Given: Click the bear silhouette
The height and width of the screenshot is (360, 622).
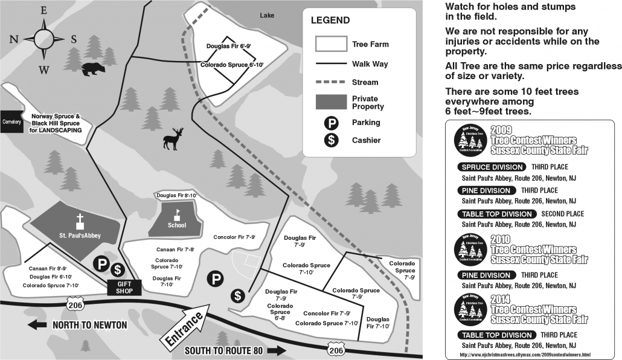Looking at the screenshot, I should click(92, 69).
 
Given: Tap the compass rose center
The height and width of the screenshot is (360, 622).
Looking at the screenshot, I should click(43, 39).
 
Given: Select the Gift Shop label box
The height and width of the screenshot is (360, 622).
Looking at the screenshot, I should click(124, 287).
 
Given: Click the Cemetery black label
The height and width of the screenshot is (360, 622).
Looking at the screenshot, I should click(11, 121).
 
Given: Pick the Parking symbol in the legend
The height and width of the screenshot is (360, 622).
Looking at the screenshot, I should click(330, 123).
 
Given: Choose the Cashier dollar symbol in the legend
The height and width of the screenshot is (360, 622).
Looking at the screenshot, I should click(330, 140).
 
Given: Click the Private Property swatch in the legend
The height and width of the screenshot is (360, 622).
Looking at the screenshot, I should click(330, 102).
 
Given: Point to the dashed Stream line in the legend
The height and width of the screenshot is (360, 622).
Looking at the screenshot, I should click(330, 82).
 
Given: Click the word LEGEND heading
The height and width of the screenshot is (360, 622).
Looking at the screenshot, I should click(330, 20).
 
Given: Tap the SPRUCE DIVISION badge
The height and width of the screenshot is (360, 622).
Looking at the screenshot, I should click(492, 167).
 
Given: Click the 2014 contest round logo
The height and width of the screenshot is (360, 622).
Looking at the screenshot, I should click(469, 309).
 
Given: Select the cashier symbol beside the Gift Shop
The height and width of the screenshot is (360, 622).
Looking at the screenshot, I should click(118, 270).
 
